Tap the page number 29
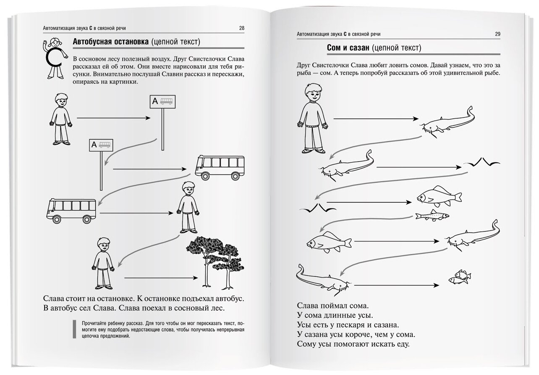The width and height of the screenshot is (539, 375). click(x=497, y=34)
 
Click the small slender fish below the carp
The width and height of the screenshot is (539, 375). click(x=432, y=216)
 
